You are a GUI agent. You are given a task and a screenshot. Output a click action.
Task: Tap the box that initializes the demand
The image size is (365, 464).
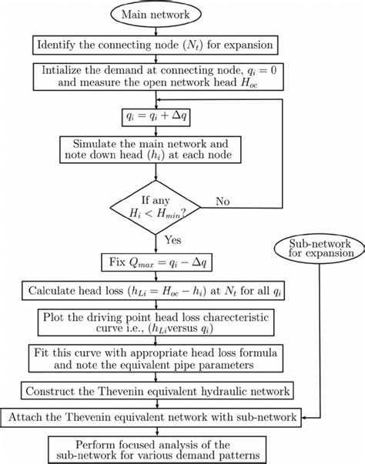click(156, 78)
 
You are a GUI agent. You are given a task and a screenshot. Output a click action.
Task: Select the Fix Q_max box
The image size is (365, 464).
click(157, 263)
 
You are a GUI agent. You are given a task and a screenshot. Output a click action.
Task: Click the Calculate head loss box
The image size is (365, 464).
click(156, 292)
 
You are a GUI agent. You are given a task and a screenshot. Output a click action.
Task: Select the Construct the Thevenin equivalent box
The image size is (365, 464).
click(157, 392)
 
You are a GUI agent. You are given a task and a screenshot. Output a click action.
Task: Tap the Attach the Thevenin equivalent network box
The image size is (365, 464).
click(157, 417)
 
